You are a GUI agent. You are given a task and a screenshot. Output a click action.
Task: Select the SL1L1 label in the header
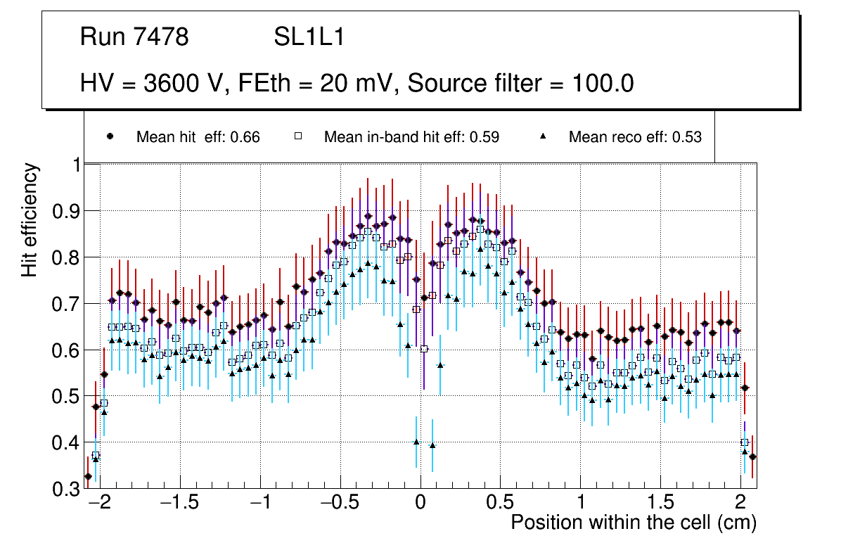point(309,37)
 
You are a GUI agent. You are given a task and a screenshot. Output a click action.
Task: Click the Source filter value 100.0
point(601,84)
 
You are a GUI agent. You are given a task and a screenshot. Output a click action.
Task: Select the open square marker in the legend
point(297,137)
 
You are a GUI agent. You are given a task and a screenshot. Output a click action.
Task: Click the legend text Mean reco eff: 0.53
point(635,137)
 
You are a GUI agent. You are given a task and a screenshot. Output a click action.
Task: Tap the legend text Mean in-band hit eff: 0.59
point(411,137)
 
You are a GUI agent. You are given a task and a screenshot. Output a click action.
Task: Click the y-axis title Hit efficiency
point(30,219)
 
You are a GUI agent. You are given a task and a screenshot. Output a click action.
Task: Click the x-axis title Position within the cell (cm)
point(633,523)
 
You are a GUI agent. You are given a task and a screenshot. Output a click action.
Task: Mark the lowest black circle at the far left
point(88,477)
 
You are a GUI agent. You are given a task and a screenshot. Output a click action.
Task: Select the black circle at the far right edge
point(752,456)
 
